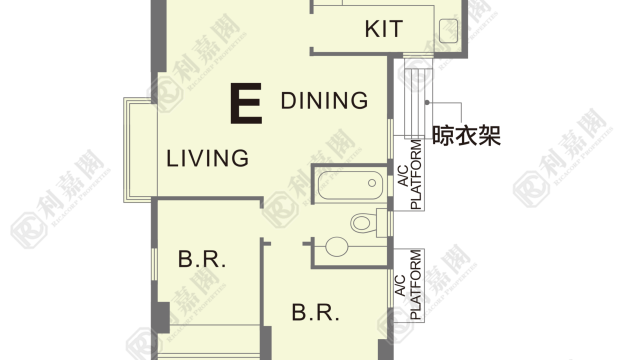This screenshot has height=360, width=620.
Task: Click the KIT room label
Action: click(x=383, y=29)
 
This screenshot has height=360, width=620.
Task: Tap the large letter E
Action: click(x=246, y=103)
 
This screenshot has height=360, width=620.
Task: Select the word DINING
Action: click(x=324, y=100)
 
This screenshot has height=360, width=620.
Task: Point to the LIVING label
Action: click(x=207, y=158)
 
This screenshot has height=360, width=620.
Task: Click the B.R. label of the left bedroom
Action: click(x=202, y=259)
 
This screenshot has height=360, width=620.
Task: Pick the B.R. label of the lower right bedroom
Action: click(x=315, y=312)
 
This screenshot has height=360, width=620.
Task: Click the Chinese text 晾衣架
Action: click(x=466, y=135)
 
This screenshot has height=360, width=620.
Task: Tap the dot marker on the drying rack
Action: click(x=427, y=102)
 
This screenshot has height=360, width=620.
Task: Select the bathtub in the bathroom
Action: click(x=350, y=185)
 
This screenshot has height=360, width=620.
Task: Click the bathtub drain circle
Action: click(x=372, y=183)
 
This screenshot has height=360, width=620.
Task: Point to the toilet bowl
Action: click(x=363, y=223)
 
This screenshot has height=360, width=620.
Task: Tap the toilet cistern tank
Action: click(x=381, y=223)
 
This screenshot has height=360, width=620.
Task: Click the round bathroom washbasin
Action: click(x=337, y=246)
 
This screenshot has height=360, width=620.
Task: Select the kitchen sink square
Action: click(x=448, y=30)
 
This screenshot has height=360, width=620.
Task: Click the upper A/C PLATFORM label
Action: click(x=409, y=174)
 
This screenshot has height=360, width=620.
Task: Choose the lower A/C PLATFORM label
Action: click(x=409, y=284)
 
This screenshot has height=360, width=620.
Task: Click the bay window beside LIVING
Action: click(x=140, y=149)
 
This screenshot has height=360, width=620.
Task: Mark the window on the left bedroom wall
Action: click(x=154, y=264)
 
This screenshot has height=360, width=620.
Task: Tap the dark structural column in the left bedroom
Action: click(x=161, y=317)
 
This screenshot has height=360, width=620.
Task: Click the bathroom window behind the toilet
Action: click(x=390, y=223)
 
